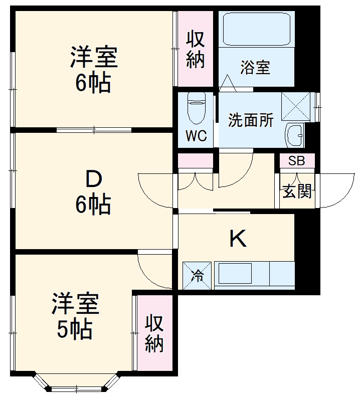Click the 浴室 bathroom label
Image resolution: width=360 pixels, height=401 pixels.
coord(255,68)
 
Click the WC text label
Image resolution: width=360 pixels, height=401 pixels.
coord(196,136)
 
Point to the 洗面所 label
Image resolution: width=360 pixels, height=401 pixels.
coord(251,120)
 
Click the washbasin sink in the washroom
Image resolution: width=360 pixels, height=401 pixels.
coord(295,136)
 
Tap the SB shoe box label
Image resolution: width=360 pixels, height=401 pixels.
coord(297,161)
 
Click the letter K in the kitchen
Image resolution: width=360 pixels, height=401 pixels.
coord(238,239)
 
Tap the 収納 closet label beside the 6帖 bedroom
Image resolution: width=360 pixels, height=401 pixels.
coord(196,49)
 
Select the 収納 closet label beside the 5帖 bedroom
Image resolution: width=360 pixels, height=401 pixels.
coord(154,333)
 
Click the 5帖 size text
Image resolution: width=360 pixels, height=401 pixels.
coord(75,329)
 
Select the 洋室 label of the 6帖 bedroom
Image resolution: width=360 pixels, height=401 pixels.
coord(94,57)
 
